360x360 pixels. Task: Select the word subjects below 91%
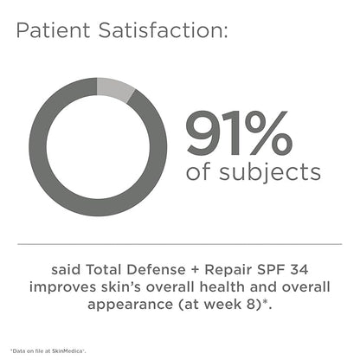click(269, 173)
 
